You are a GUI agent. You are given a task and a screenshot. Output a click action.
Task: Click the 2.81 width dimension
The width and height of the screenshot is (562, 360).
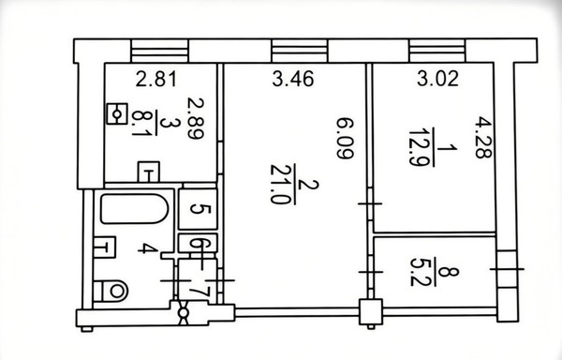(x=156, y=80)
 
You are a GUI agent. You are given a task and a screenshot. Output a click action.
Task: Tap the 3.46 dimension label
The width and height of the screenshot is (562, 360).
(x=293, y=79)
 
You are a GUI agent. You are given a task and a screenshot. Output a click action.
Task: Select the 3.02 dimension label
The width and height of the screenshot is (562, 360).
(x=437, y=79)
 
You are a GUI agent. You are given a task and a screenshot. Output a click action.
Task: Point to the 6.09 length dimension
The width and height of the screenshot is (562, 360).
(x=345, y=139)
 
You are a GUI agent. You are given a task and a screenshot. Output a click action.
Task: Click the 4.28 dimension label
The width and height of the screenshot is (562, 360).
(x=483, y=138)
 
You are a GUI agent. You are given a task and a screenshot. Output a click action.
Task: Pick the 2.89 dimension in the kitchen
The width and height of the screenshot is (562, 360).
(x=196, y=118)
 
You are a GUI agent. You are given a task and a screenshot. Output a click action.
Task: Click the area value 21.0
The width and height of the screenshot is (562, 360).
(x=279, y=185)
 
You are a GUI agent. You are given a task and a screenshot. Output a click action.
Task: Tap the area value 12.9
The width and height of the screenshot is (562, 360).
(x=418, y=147)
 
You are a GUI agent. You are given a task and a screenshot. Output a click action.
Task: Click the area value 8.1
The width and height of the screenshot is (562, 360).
(x=140, y=123)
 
